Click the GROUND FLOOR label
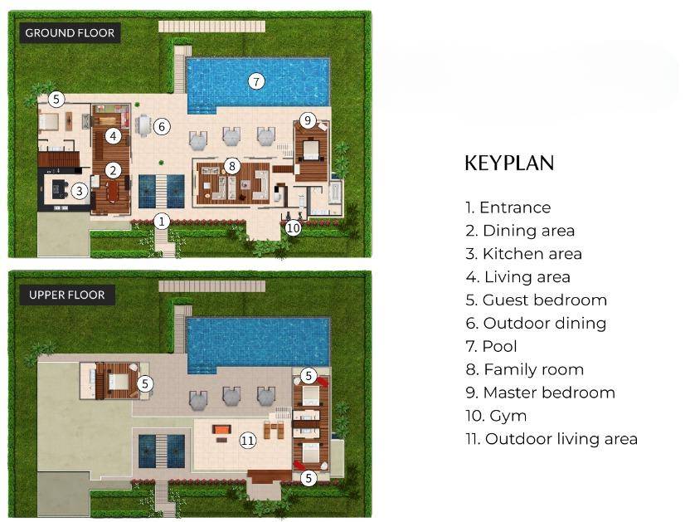[70, 33]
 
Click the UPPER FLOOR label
[66, 295]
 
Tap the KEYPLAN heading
[508, 163]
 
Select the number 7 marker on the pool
[257, 80]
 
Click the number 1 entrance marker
[163, 221]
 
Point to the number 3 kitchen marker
[79, 191]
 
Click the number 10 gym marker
[293, 227]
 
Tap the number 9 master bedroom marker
[308, 120]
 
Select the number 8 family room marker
[232, 166]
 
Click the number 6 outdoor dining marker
[162, 126]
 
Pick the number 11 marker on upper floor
[247, 440]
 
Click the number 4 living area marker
[114, 135]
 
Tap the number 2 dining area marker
[114, 170]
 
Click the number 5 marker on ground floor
[56, 100]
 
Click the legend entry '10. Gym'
[496, 416]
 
